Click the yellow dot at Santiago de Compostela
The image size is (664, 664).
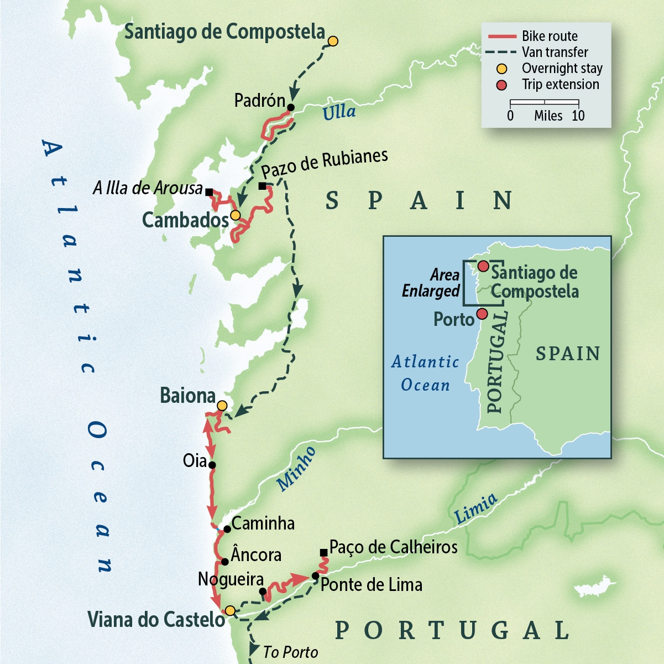pos(333,41)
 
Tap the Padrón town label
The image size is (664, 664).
pos(259,101)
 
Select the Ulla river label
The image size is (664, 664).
pos(339,112)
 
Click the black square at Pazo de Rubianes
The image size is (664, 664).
pos(262,186)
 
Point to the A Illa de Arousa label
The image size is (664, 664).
pos(148,188)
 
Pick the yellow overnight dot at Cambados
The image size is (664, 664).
pos(236,215)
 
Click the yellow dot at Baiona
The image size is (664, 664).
pos(222,406)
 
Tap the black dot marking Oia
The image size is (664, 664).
pos(212,465)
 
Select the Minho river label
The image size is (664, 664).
pos(296,469)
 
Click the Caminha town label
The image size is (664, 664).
pos(263,523)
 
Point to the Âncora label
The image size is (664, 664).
pos(256,555)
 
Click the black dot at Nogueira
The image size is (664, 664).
pos(263,592)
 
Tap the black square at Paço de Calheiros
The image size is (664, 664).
pos(323,553)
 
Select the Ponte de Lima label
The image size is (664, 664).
pos(371,585)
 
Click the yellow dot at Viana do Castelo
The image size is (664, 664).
pos(230,611)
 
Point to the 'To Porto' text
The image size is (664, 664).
pos(290,652)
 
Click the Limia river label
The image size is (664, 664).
pos(475,509)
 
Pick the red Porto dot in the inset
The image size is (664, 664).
pos(482,314)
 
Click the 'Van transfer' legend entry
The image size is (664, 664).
pos(555,52)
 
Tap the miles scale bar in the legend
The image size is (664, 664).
pos(544,102)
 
